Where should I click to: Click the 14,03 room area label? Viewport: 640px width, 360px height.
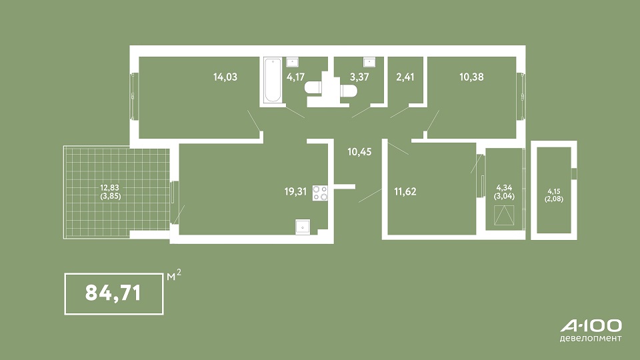coord(225,77)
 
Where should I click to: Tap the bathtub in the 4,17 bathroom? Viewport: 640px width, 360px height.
coord(272,80)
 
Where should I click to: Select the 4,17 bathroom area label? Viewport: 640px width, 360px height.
coord(295,77)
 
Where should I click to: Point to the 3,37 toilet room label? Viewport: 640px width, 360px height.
coord(359,77)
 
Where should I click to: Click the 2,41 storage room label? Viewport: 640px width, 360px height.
coord(405,77)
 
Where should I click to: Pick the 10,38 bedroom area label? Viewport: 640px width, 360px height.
coord(471,77)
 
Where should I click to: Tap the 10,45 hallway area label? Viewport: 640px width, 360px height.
coord(359,152)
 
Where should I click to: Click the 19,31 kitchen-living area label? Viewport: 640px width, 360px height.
coord(295,191)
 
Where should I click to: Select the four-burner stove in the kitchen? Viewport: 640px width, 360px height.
coord(320,193)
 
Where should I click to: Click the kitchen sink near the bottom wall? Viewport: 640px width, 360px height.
coord(303,227)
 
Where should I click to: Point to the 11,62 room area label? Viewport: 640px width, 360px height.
coord(405,191)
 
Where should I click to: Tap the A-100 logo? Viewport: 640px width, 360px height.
coord(591,326)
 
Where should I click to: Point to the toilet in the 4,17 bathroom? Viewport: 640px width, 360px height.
coord(314,88)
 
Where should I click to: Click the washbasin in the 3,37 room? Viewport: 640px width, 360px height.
coord(370,62)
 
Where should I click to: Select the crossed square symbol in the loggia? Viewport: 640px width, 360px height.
coord(504,215)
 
